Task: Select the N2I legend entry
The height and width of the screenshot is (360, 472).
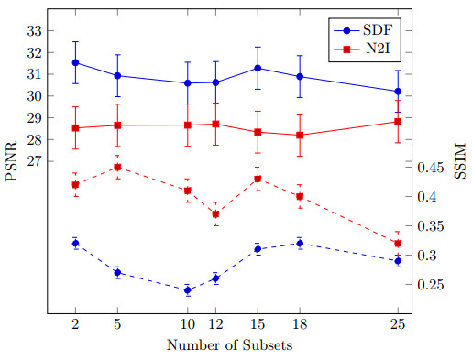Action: (x=362, y=49)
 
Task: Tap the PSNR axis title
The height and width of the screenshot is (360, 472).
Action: (x=11, y=161)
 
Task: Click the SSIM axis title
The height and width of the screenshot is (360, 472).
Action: (x=460, y=161)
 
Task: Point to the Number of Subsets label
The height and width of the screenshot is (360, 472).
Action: (x=229, y=345)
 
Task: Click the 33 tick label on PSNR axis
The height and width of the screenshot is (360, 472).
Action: (x=34, y=31)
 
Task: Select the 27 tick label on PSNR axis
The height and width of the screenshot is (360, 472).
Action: (x=34, y=161)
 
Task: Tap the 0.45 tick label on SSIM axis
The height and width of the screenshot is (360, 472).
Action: (x=430, y=168)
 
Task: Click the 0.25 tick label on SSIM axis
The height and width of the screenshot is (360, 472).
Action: (x=430, y=285)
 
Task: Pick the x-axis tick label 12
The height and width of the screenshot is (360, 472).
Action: (x=215, y=324)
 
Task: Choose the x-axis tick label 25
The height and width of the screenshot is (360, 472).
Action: (x=398, y=324)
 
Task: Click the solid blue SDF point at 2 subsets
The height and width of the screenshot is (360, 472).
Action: (x=75, y=62)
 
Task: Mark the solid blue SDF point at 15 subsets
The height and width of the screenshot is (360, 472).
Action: (x=258, y=68)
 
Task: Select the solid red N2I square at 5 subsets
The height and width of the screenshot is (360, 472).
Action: (x=117, y=125)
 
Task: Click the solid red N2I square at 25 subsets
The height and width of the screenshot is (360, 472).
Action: (x=398, y=122)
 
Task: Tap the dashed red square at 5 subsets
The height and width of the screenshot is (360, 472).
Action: (x=117, y=167)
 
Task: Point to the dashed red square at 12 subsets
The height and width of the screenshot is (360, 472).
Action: (x=215, y=214)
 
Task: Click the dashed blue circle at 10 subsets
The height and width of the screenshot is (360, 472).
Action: (x=188, y=290)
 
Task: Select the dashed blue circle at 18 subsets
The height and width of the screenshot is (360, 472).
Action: (x=300, y=244)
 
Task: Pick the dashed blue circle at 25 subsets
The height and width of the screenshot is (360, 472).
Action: (x=398, y=261)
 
